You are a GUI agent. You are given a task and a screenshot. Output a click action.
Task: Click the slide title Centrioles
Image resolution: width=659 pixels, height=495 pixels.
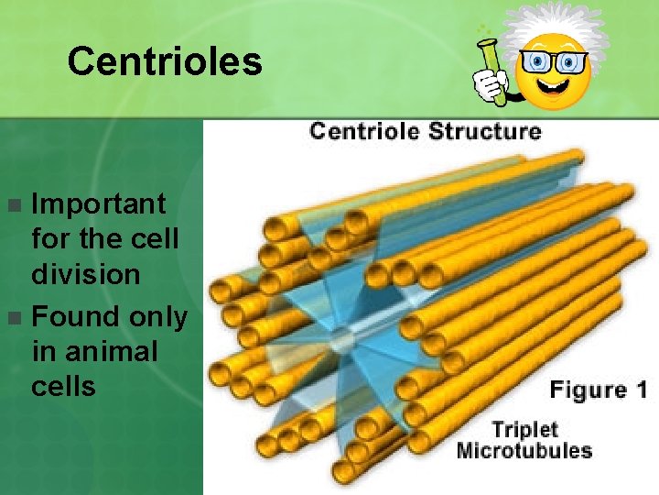tap(165, 61)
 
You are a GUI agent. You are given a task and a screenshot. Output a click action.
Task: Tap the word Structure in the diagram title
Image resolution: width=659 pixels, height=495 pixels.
tap(485, 130)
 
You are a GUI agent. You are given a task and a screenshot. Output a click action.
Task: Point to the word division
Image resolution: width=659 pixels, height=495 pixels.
tap(86, 274)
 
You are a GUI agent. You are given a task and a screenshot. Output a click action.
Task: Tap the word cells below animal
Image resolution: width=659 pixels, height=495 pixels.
tap(63, 386)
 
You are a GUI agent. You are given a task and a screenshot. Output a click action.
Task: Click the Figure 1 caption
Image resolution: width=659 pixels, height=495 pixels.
tap(598, 390)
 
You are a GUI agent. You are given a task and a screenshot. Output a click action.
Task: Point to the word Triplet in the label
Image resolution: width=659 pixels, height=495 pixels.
tap(524, 429)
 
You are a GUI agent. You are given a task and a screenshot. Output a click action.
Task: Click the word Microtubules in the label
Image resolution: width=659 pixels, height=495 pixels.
tap(524, 450)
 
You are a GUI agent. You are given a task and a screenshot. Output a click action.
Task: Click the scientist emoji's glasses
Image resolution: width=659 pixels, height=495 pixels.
tap(554, 62)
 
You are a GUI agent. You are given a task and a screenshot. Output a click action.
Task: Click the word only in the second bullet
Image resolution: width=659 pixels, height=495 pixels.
tap(157, 317)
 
